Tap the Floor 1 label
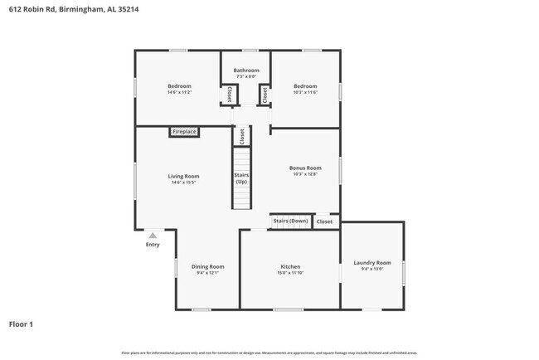pyautogui.click(x=22, y=324)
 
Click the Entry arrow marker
pyautogui.click(x=153, y=236)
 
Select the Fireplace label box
pyautogui.click(x=184, y=132)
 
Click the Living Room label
pyautogui.click(x=183, y=176)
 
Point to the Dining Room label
pyautogui.click(x=207, y=266)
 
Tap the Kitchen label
pyautogui.click(x=289, y=266)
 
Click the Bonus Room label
pyautogui.click(x=304, y=168)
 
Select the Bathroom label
pyautogui.click(x=245, y=71)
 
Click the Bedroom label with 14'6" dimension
pyautogui.click(x=179, y=86)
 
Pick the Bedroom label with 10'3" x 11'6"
pyautogui.click(x=305, y=86)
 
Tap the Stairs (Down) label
pyautogui.click(x=290, y=221)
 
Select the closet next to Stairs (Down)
pyautogui.click(x=324, y=221)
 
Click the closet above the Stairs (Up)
pyautogui.click(x=241, y=136)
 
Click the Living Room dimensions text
pyautogui.click(x=183, y=182)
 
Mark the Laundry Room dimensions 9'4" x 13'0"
pyautogui.click(x=371, y=269)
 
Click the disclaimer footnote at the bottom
pyautogui.click(x=269, y=353)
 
